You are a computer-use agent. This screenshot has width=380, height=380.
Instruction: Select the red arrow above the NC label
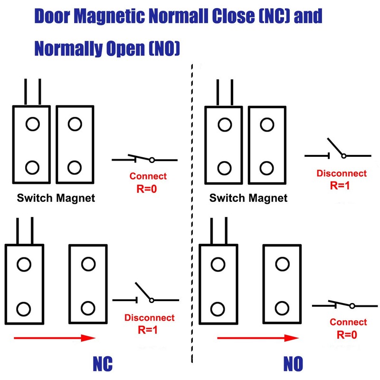(x=55, y=338)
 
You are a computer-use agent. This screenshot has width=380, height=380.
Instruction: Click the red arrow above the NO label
(x=256, y=338)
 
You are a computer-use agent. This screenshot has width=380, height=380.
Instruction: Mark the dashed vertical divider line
(x=192, y=214)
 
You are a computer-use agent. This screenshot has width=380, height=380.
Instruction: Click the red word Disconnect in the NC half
(x=149, y=318)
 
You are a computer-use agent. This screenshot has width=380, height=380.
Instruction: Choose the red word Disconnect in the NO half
(x=341, y=174)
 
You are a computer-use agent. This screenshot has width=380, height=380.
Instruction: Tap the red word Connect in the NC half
(x=148, y=176)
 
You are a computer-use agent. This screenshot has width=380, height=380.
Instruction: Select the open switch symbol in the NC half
(x=145, y=294)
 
